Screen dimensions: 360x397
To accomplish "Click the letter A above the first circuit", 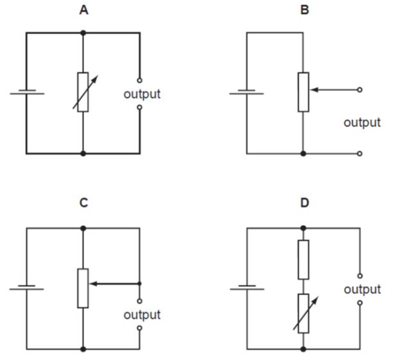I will [x=84, y=10].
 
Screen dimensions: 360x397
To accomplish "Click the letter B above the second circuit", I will [x=304, y=10].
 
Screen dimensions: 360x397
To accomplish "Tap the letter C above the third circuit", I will [x=84, y=203].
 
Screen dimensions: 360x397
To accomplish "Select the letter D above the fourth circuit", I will [x=304, y=203].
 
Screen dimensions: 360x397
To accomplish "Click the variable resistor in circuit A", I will [x=83, y=92].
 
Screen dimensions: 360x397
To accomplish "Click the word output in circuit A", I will [x=142, y=94].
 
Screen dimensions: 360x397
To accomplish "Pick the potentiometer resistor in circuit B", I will [x=303, y=92].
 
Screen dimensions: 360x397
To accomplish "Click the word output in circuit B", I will [x=362, y=122].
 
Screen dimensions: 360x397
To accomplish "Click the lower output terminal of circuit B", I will [x=359, y=153].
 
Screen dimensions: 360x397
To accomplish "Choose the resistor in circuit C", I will [x=83, y=288].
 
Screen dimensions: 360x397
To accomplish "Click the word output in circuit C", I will [x=142, y=315].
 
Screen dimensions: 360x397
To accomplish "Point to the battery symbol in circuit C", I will [x=27, y=287].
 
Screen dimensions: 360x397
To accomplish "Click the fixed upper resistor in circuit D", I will [x=303, y=259].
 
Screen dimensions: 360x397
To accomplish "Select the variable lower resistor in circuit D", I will [x=303, y=314].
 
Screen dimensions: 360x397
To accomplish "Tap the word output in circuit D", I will [x=362, y=289].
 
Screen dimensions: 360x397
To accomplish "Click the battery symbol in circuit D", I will [x=247, y=287].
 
